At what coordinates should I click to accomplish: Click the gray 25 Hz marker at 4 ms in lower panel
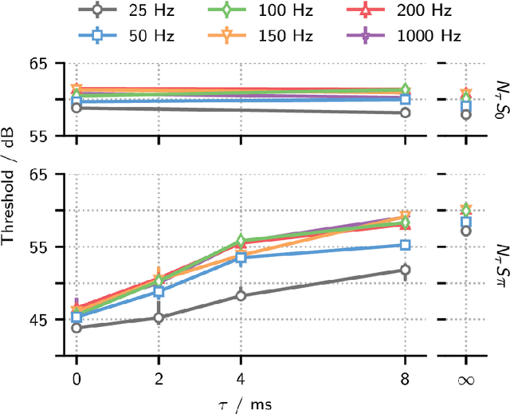(241, 296)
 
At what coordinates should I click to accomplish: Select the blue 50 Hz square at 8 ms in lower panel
(405, 245)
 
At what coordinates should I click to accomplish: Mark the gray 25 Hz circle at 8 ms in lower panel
(405, 270)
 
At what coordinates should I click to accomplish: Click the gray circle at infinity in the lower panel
(465, 231)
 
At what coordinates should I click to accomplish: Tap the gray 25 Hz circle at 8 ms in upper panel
(405, 113)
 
